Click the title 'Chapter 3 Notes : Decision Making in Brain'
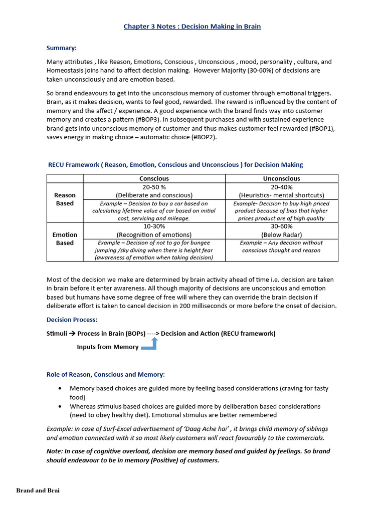(192, 26)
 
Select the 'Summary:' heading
(62, 48)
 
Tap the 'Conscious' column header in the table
(154, 178)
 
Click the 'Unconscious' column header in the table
(281, 178)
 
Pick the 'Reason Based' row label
(65, 199)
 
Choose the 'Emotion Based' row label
(65, 239)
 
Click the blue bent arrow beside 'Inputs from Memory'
(151, 345)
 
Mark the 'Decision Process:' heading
(72, 320)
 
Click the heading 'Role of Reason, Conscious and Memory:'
(105, 374)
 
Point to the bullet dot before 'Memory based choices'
(60, 388)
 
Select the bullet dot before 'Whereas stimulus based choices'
(60, 406)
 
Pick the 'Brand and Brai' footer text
(38, 490)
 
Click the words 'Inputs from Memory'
(107, 347)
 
